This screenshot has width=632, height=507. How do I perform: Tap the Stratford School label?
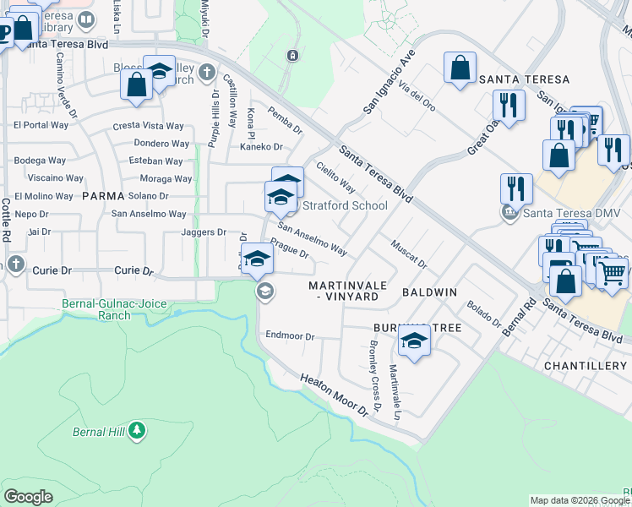point(345,205)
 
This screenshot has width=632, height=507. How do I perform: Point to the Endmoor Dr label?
point(290,335)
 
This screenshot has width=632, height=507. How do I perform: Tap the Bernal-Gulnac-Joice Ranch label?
point(97,309)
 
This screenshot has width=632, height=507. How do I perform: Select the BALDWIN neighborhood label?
point(429,292)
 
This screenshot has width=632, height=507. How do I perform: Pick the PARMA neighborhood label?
point(104,196)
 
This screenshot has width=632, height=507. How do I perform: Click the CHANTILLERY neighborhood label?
point(586,366)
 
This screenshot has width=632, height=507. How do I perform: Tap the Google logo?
point(29,496)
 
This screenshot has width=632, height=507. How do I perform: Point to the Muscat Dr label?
point(409,254)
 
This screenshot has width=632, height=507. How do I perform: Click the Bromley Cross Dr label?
point(375,372)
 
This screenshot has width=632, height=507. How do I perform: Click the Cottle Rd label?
point(5,220)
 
